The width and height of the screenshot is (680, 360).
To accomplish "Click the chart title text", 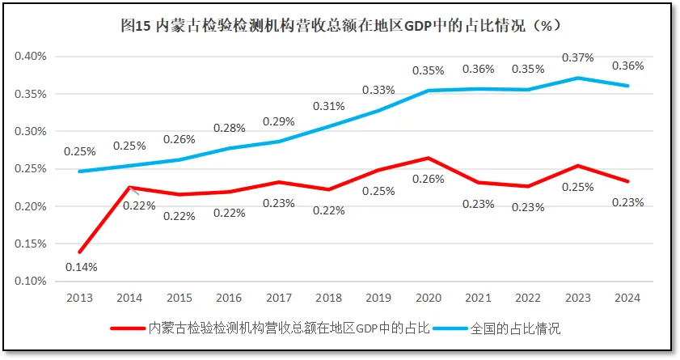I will click(x=340, y=26).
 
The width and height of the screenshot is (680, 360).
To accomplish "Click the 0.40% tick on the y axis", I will click(x=31, y=57).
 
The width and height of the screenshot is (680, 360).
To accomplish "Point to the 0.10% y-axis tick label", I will click(x=31, y=282).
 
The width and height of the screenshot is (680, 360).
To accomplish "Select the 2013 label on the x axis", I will click(x=80, y=298).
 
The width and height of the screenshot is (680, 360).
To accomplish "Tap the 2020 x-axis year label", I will click(x=428, y=298).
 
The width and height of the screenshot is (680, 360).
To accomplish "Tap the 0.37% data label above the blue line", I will click(x=578, y=57).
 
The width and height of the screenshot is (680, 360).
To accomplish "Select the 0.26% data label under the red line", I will click(x=429, y=180).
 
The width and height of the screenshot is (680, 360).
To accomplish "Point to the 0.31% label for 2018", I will click(x=329, y=106).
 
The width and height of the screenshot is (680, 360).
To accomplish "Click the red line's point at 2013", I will click(x=80, y=252).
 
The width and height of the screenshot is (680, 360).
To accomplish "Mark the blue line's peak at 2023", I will click(x=577, y=78).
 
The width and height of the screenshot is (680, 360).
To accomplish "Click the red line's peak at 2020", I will click(x=428, y=158).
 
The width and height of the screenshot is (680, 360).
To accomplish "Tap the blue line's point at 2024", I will click(x=627, y=86).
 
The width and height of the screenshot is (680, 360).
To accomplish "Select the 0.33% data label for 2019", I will click(x=378, y=90).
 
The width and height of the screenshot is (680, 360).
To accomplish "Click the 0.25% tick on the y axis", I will click(x=31, y=169).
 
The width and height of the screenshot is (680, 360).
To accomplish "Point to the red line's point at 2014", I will click(x=129, y=188).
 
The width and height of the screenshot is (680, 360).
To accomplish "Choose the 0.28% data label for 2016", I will click(x=230, y=128).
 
